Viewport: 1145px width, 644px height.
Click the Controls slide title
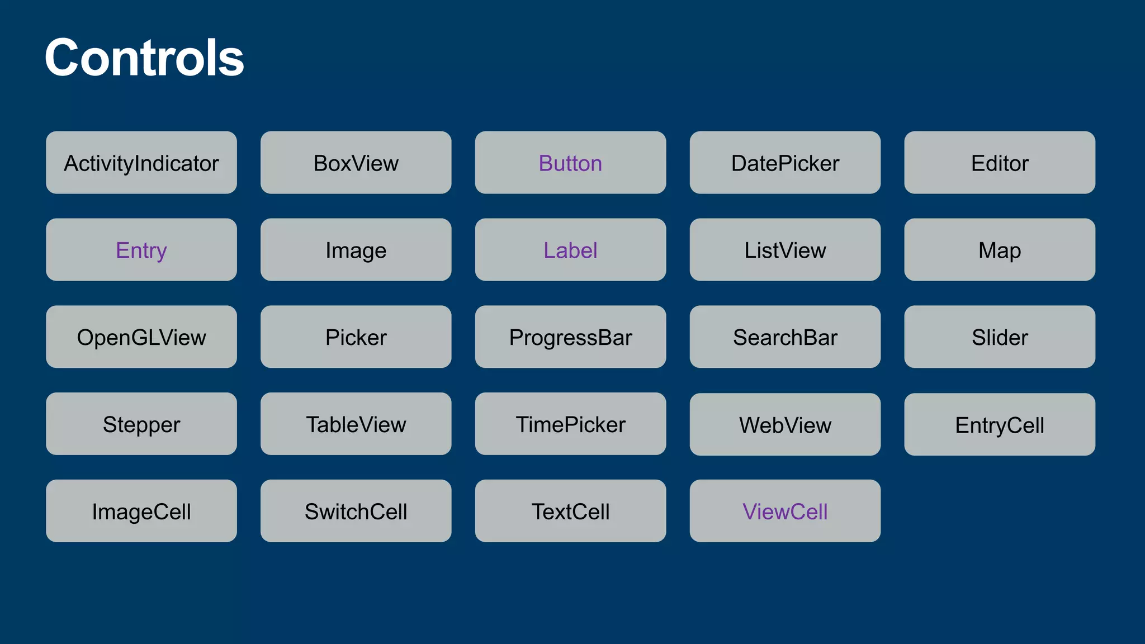coord(144,58)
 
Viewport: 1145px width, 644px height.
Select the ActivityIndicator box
coord(141,163)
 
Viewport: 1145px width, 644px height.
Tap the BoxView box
coord(356,163)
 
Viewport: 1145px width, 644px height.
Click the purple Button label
coord(570,163)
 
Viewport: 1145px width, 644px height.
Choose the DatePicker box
coord(785,163)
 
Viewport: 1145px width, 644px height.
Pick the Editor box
coord(1000,163)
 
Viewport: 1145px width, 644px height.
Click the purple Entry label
coord(141,250)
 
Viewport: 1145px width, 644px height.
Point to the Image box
coord(356,250)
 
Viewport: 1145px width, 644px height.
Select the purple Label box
coord(570,250)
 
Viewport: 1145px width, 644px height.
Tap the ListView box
coord(785,250)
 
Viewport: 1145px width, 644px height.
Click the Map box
coord(1000,250)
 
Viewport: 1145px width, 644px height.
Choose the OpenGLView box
coord(141,337)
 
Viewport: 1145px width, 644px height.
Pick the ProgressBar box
coord(570,337)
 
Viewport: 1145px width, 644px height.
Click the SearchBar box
coord(785,337)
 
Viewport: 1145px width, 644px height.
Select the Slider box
coord(1000,337)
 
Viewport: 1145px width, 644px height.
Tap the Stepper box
coord(141,424)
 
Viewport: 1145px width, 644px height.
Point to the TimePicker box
coord(570,424)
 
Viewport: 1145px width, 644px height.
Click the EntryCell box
coord(1000,424)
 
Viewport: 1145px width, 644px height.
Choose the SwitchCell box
coord(356,511)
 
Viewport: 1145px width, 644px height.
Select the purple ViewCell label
coord(785,512)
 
